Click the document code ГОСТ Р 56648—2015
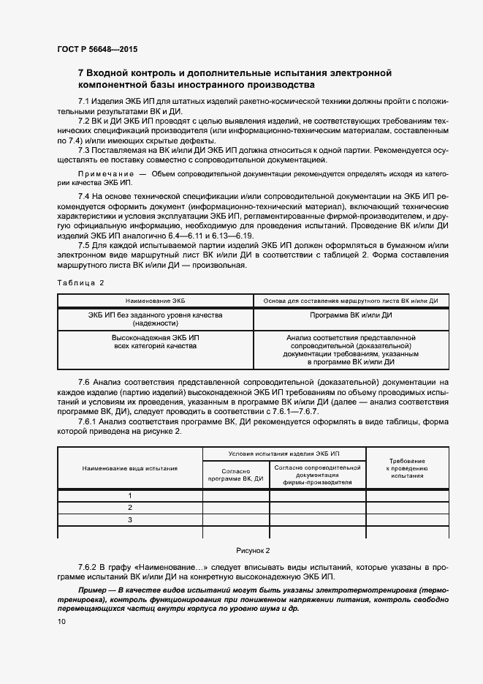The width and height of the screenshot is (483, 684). point(96,50)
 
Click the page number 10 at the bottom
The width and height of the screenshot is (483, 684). point(61,622)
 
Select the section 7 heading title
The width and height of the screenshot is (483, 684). point(235,79)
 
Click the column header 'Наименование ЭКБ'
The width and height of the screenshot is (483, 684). point(155,301)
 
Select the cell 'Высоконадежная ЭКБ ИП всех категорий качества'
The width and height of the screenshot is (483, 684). point(155,342)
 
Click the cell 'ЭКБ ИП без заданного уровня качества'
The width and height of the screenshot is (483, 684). point(155,319)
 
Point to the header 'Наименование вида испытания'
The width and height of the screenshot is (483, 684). point(129,467)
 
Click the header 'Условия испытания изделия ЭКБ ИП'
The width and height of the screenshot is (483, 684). point(284,454)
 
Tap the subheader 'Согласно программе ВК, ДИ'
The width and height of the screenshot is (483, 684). point(235,475)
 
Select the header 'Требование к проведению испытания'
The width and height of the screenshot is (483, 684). point(407,468)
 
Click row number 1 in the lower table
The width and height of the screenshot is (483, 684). point(129,495)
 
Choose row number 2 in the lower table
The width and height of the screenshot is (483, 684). point(129,508)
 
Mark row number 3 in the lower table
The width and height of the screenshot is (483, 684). point(129,520)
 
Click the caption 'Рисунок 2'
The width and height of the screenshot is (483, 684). point(253,550)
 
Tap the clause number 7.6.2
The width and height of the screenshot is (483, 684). point(90,567)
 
